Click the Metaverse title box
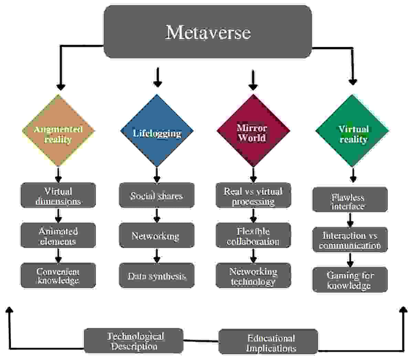[x=208, y=32]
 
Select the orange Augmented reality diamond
[x=59, y=131]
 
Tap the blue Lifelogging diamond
[x=157, y=131]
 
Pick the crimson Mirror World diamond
[x=253, y=131]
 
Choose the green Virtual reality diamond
[x=352, y=131]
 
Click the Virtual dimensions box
[x=59, y=195]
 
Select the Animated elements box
[x=59, y=235]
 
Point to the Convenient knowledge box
[x=59, y=275]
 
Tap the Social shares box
[x=157, y=195]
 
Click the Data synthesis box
[x=157, y=275]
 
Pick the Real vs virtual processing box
[x=253, y=195]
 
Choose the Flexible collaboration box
[x=253, y=235]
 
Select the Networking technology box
[x=253, y=275]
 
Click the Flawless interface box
[x=350, y=199]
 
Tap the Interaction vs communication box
[x=350, y=240]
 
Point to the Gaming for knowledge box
[x=350, y=280]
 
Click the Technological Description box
[x=134, y=341]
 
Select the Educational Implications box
[x=268, y=342]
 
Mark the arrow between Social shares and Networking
[x=157, y=215]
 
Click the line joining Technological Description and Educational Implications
[x=201, y=341]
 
